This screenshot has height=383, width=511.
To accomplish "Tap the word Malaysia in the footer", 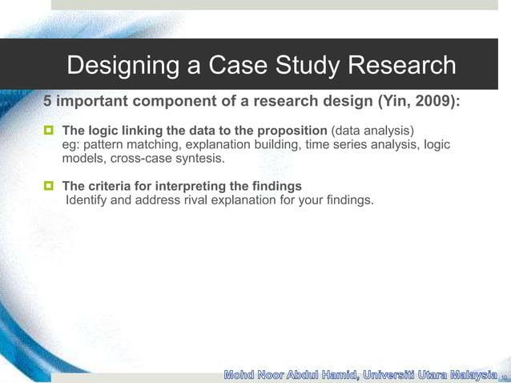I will tap(464, 374).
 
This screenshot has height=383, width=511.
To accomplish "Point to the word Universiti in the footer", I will tap(384, 374).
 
